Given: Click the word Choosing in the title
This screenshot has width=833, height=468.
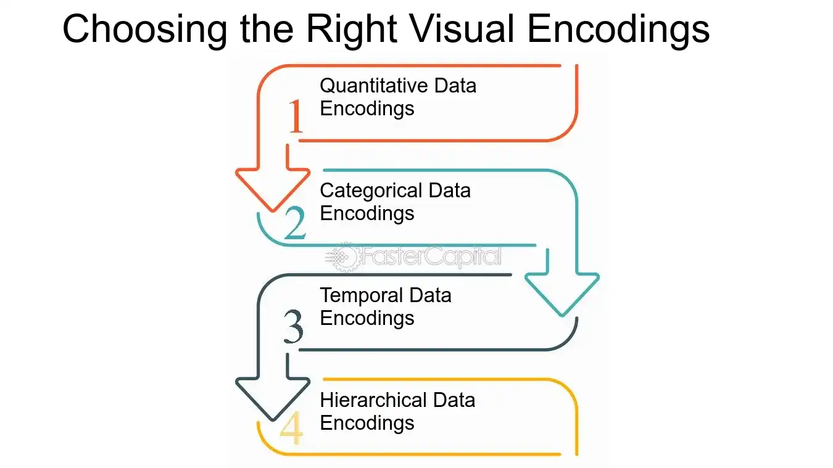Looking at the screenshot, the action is tap(145, 30).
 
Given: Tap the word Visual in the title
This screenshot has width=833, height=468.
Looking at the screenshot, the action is tap(463, 28).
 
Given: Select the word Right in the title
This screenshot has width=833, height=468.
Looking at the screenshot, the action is tap(352, 30).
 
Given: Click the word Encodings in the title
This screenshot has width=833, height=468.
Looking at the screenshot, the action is tap(618, 30).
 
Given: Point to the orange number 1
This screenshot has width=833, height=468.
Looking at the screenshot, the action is tap(296, 116).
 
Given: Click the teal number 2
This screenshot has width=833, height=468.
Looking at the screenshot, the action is tap(295, 223).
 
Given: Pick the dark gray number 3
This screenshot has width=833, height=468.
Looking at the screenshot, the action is tap(294, 326).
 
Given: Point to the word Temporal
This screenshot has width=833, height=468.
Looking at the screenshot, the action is tap(362, 296).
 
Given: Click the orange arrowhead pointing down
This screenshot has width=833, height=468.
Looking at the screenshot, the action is tap(273, 190).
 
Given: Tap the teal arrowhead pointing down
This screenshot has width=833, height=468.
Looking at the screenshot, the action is tap(562, 294).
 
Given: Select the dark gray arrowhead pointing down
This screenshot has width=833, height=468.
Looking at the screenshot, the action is tap(273, 399).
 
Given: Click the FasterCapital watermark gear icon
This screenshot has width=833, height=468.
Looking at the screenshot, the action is tap(343, 257).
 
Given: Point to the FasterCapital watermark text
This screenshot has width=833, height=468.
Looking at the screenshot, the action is tap(432, 257).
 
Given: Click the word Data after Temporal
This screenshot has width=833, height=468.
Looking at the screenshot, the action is tap(430, 296).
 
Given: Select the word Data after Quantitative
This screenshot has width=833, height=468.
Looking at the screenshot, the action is tap(455, 86).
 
